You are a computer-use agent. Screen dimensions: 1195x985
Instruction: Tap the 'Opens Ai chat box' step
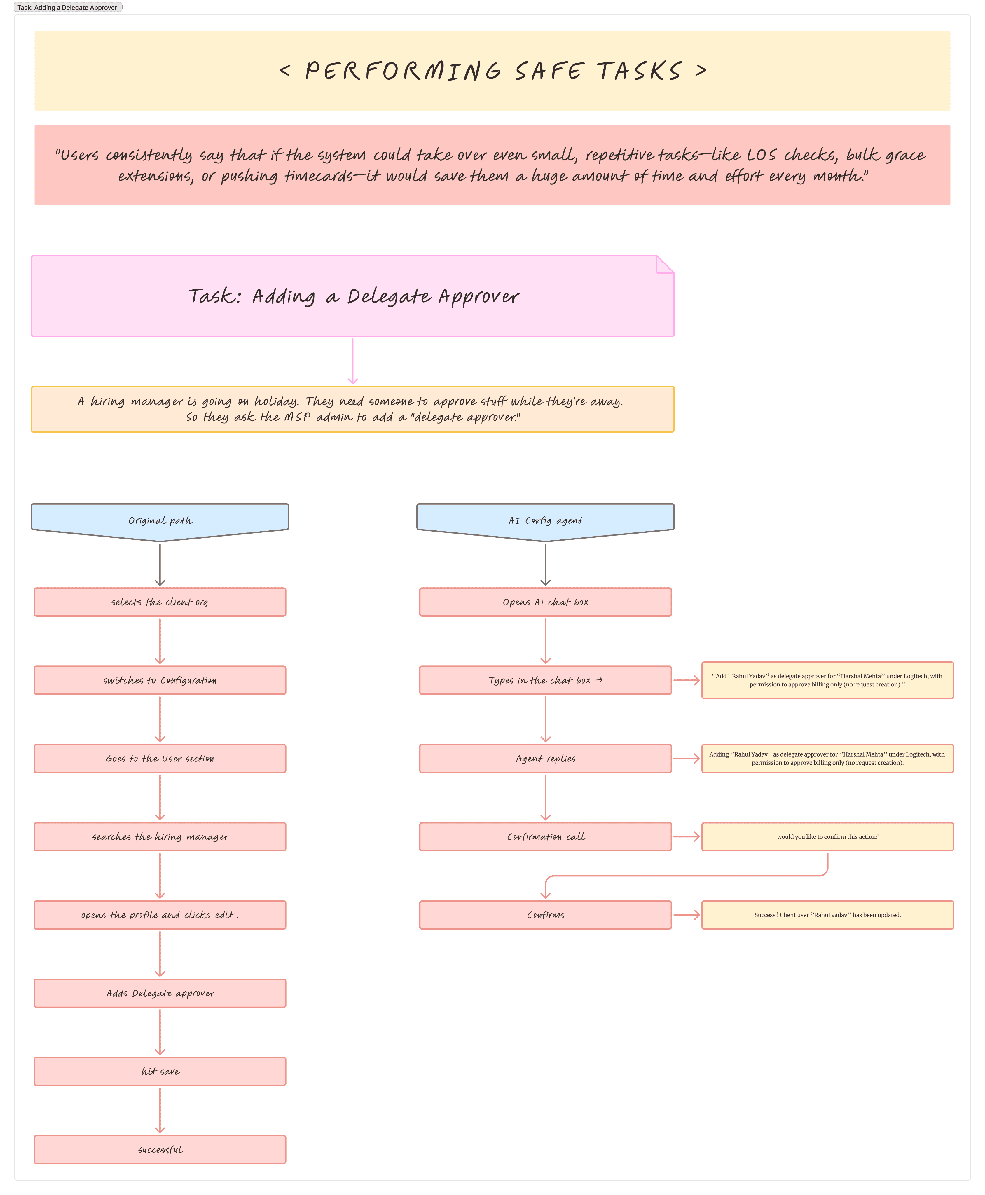pyautogui.click(x=545, y=602)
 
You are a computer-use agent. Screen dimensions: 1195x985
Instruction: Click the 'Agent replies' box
pyautogui.click(x=545, y=759)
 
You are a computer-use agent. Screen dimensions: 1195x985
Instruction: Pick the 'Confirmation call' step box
pyautogui.click(x=545, y=837)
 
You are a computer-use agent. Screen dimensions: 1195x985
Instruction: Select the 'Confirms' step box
pyautogui.click(x=545, y=915)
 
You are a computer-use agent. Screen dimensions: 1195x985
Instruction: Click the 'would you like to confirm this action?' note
pyautogui.click(x=827, y=837)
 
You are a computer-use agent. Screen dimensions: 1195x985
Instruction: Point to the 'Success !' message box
pyautogui.click(x=827, y=915)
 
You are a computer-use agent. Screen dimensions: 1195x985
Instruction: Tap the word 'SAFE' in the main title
pyautogui.click(x=549, y=71)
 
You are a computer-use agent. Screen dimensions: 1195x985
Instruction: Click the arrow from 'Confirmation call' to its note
pyautogui.click(x=687, y=837)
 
